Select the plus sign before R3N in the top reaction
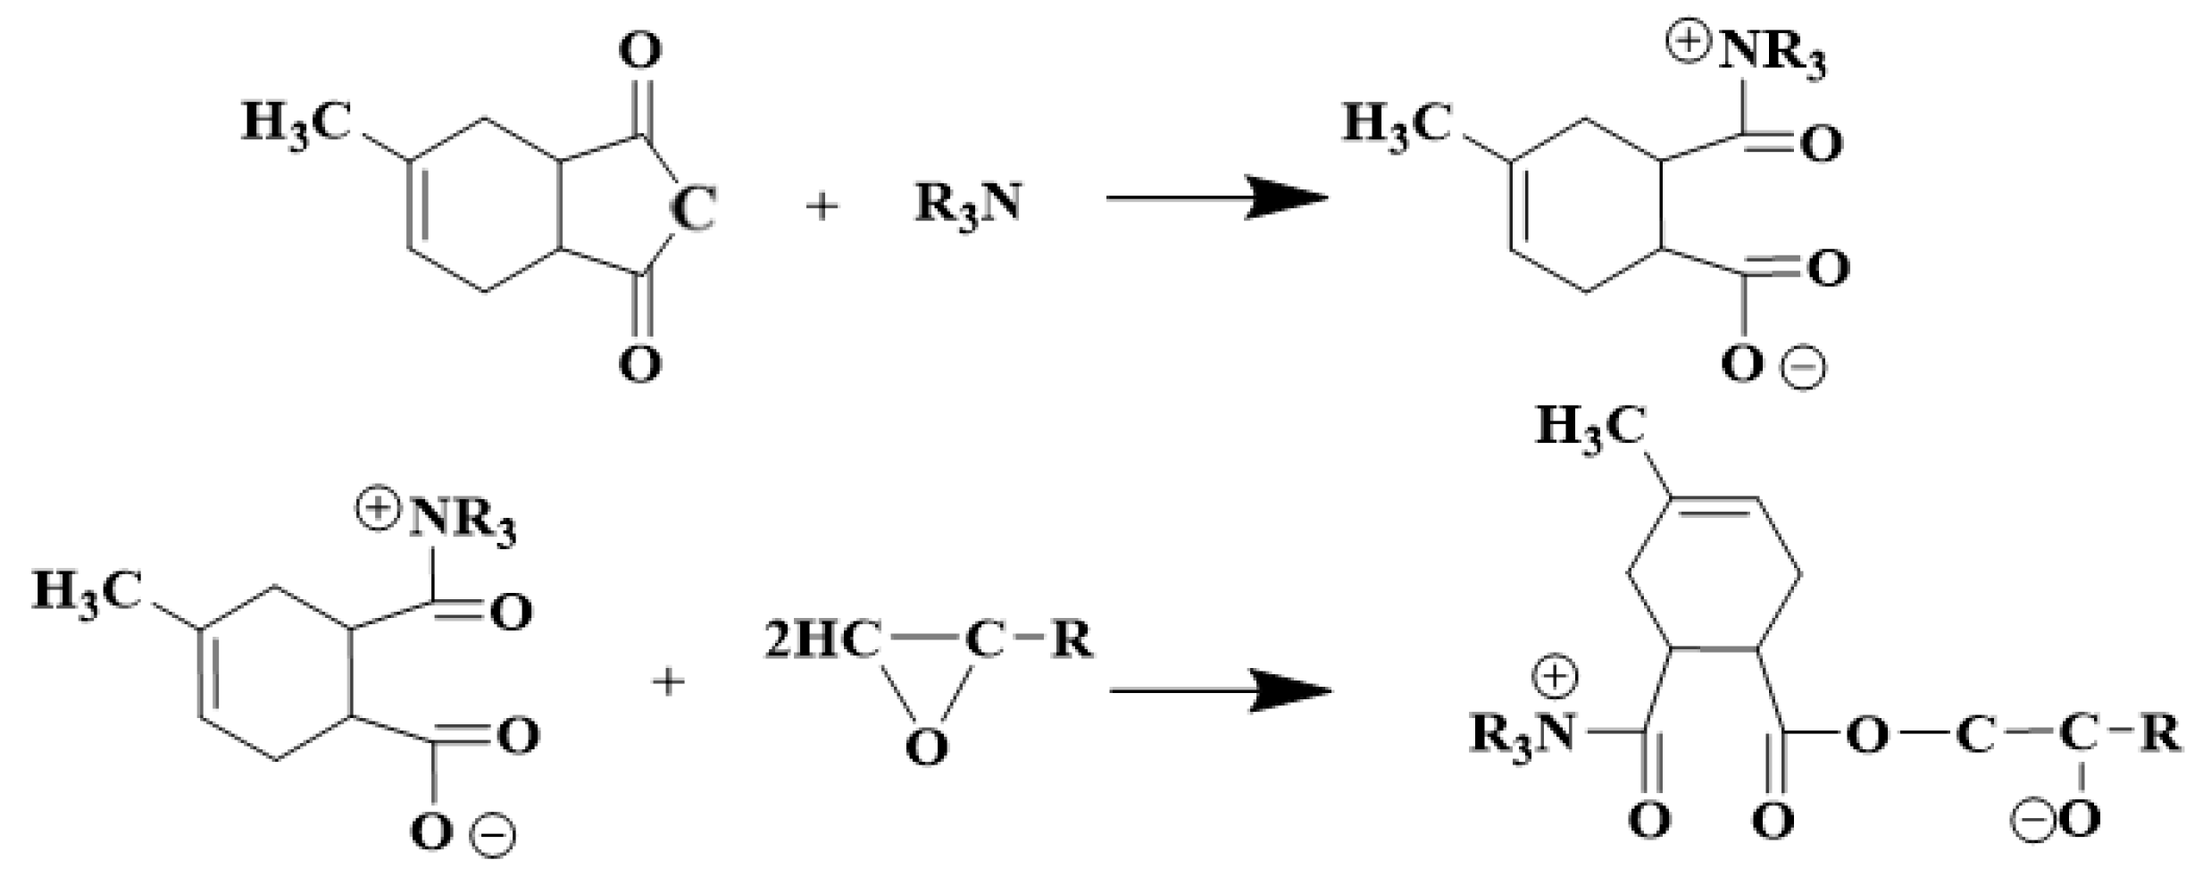[x=822, y=206]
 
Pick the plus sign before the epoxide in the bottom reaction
[x=668, y=683]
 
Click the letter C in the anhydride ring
[x=693, y=209]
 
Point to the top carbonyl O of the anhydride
[x=640, y=52]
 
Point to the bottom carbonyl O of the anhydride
[x=640, y=363]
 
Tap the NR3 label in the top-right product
[x=1773, y=56]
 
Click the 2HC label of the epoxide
[x=822, y=642]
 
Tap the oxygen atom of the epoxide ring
[x=926, y=747]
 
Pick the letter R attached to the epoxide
[x=1072, y=640]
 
